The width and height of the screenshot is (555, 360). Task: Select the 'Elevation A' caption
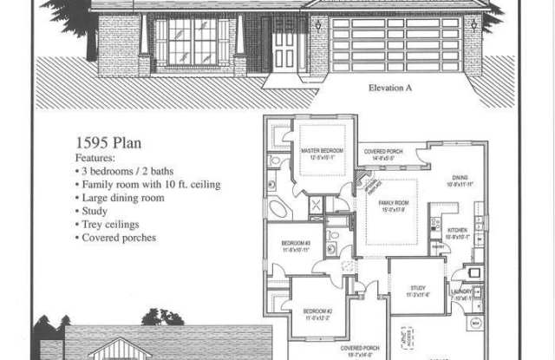point(395,88)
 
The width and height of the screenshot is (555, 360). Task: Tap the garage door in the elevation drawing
point(395,43)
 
